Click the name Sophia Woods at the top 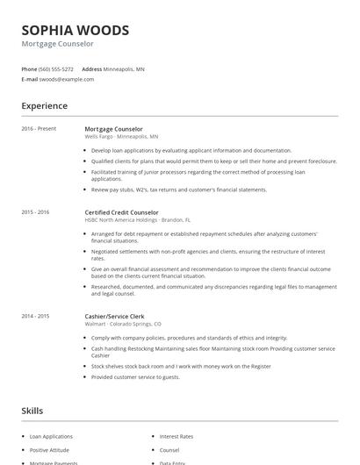pos(76,30)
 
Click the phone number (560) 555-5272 pos(56,68)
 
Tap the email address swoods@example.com pos(67,79)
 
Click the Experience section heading pos(44,106)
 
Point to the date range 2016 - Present pos(39,129)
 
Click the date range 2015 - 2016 pos(35,212)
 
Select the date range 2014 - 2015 pos(35,316)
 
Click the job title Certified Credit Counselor pos(121,212)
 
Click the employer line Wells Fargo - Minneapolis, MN pos(121,137)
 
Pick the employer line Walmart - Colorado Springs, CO pos(122,324)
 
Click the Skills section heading pos(32,411)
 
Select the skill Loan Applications pos(53,436)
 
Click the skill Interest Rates pos(176,436)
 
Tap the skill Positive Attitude pos(51,449)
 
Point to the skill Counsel pos(169,449)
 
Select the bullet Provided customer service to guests pos(135,377)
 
